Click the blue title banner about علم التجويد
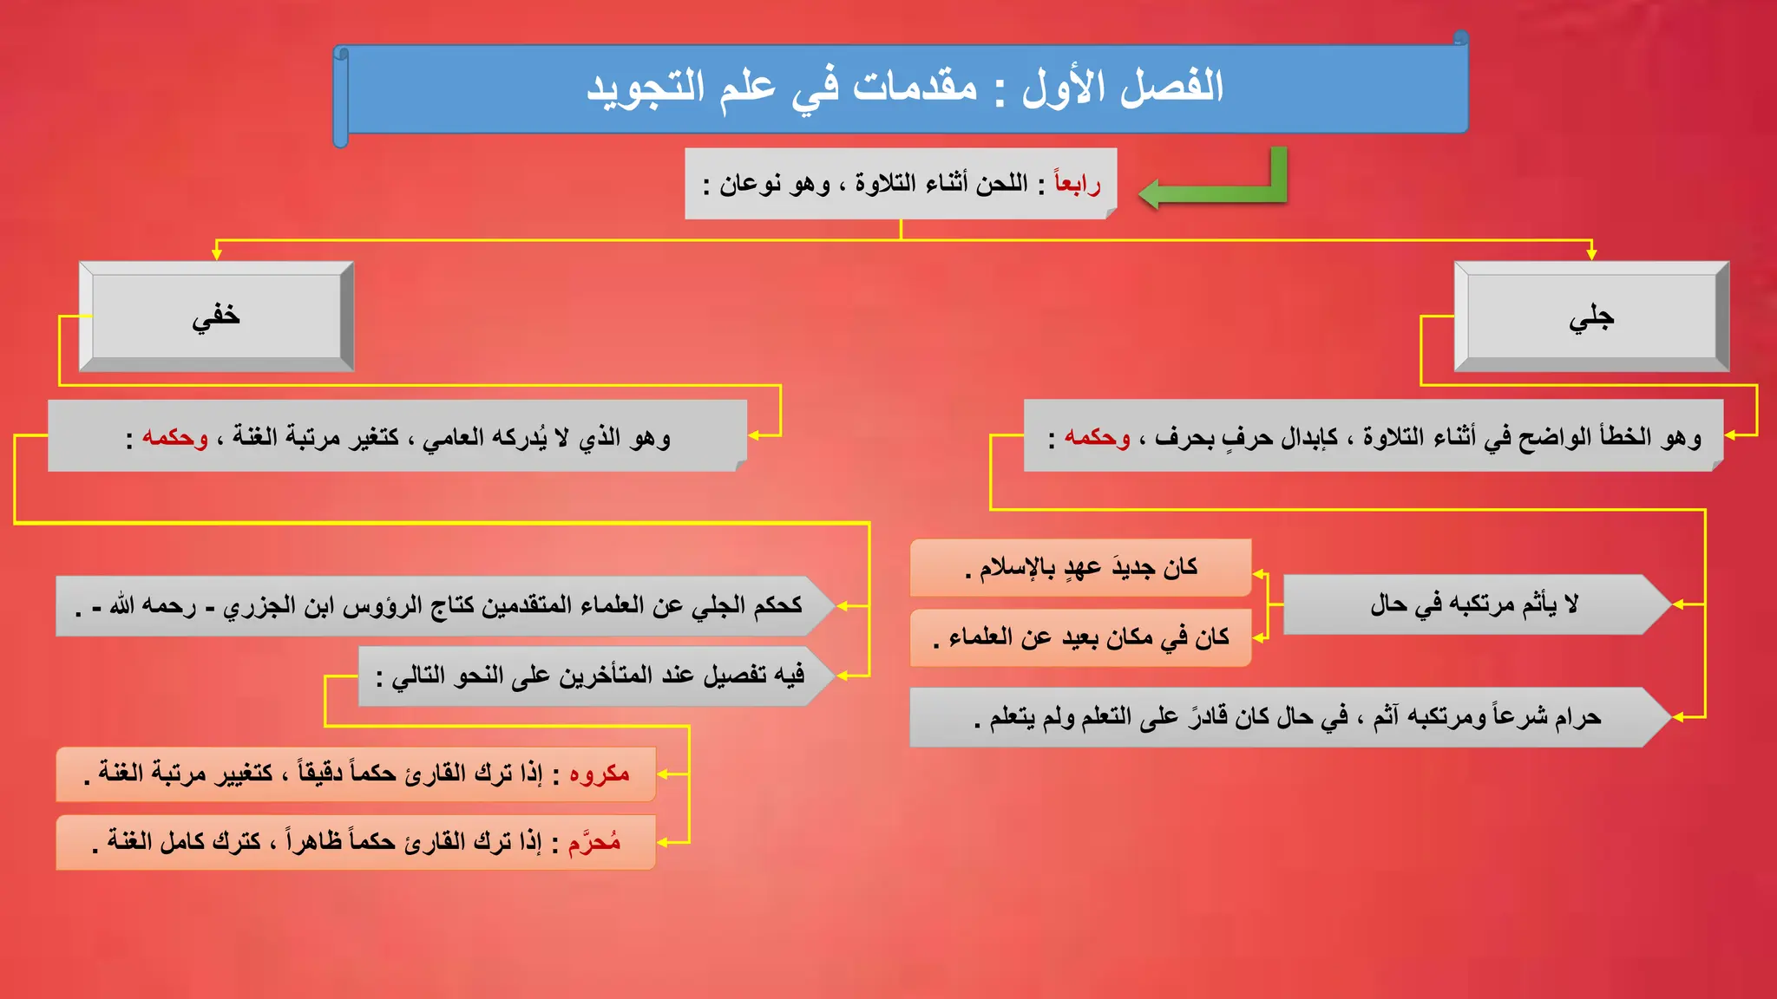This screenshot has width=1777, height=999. (902, 88)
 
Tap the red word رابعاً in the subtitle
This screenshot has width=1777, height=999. (1077, 183)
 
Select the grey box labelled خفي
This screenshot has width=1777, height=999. (216, 317)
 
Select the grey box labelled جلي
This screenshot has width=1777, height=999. (1591, 317)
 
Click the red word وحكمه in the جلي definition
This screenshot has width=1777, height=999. (1098, 437)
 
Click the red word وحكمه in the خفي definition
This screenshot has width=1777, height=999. (175, 437)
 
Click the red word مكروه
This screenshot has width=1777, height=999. (600, 774)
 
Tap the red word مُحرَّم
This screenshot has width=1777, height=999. (594, 842)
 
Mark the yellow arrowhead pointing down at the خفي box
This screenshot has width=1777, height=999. (217, 253)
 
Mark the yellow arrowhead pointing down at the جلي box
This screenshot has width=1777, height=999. (1591, 253)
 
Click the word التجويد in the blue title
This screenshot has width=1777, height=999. (646, 88)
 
